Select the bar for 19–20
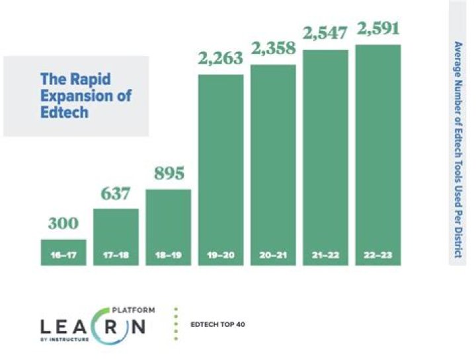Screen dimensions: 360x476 coord(221,165)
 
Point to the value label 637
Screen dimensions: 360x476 coord(116,195)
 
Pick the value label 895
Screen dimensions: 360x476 coord(168,176)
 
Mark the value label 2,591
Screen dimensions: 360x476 coord(377,30)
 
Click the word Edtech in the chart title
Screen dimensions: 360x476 coord(64,112)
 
